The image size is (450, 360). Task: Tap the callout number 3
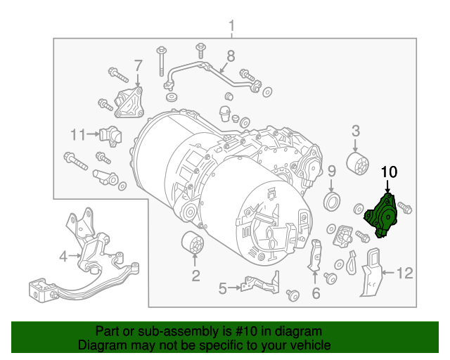coord(356,130)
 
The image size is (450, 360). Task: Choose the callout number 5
coord(222,288)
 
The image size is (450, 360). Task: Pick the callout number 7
coord(139,65)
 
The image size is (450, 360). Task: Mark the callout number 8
coord(230,56)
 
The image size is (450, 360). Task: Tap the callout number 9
coord(332,171)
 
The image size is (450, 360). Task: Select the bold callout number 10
coord(389,172)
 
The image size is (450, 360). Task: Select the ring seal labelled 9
coord(332,202)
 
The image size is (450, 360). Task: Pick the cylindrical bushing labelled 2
coord(191,246)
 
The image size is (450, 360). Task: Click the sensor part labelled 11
coord(110,133)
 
